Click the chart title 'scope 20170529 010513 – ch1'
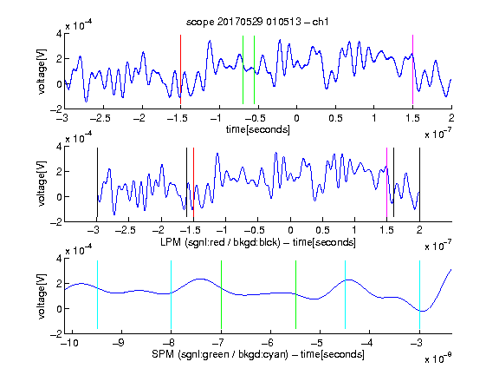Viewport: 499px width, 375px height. [x=257, y=22]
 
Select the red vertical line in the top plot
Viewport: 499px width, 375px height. [x=180, y=69]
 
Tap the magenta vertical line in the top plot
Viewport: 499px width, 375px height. [x=412, y=69]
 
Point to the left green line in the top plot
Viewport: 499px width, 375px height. [x=243, y=69]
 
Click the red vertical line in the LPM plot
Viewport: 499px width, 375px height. [x=193, y=182]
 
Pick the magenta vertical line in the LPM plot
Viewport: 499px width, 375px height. [x=387, y=182]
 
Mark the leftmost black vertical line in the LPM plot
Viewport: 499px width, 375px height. [x=97, y=182]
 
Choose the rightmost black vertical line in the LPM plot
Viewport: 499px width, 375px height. [x=419, y=182]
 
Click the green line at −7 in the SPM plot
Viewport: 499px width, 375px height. [x=221, y=294]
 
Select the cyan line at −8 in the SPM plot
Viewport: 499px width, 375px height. [x=172, y=294]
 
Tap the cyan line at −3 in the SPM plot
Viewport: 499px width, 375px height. [x=419, y=294]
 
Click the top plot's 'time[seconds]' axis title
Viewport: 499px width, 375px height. [x=258, y=129]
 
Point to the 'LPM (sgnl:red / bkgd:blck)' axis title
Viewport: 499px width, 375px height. [x=220, y=242]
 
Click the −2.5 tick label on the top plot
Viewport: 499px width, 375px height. [x=100, y=118]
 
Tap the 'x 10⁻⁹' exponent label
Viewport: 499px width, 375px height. [x=438, y=358]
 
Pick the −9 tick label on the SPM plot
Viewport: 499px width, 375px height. [x=119, y=343]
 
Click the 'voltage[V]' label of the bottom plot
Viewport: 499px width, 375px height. [x=42, y=296]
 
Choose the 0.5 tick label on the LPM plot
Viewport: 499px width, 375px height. [x=322, y=230]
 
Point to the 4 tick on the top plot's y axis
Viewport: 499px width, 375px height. [x=59, y=34]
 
